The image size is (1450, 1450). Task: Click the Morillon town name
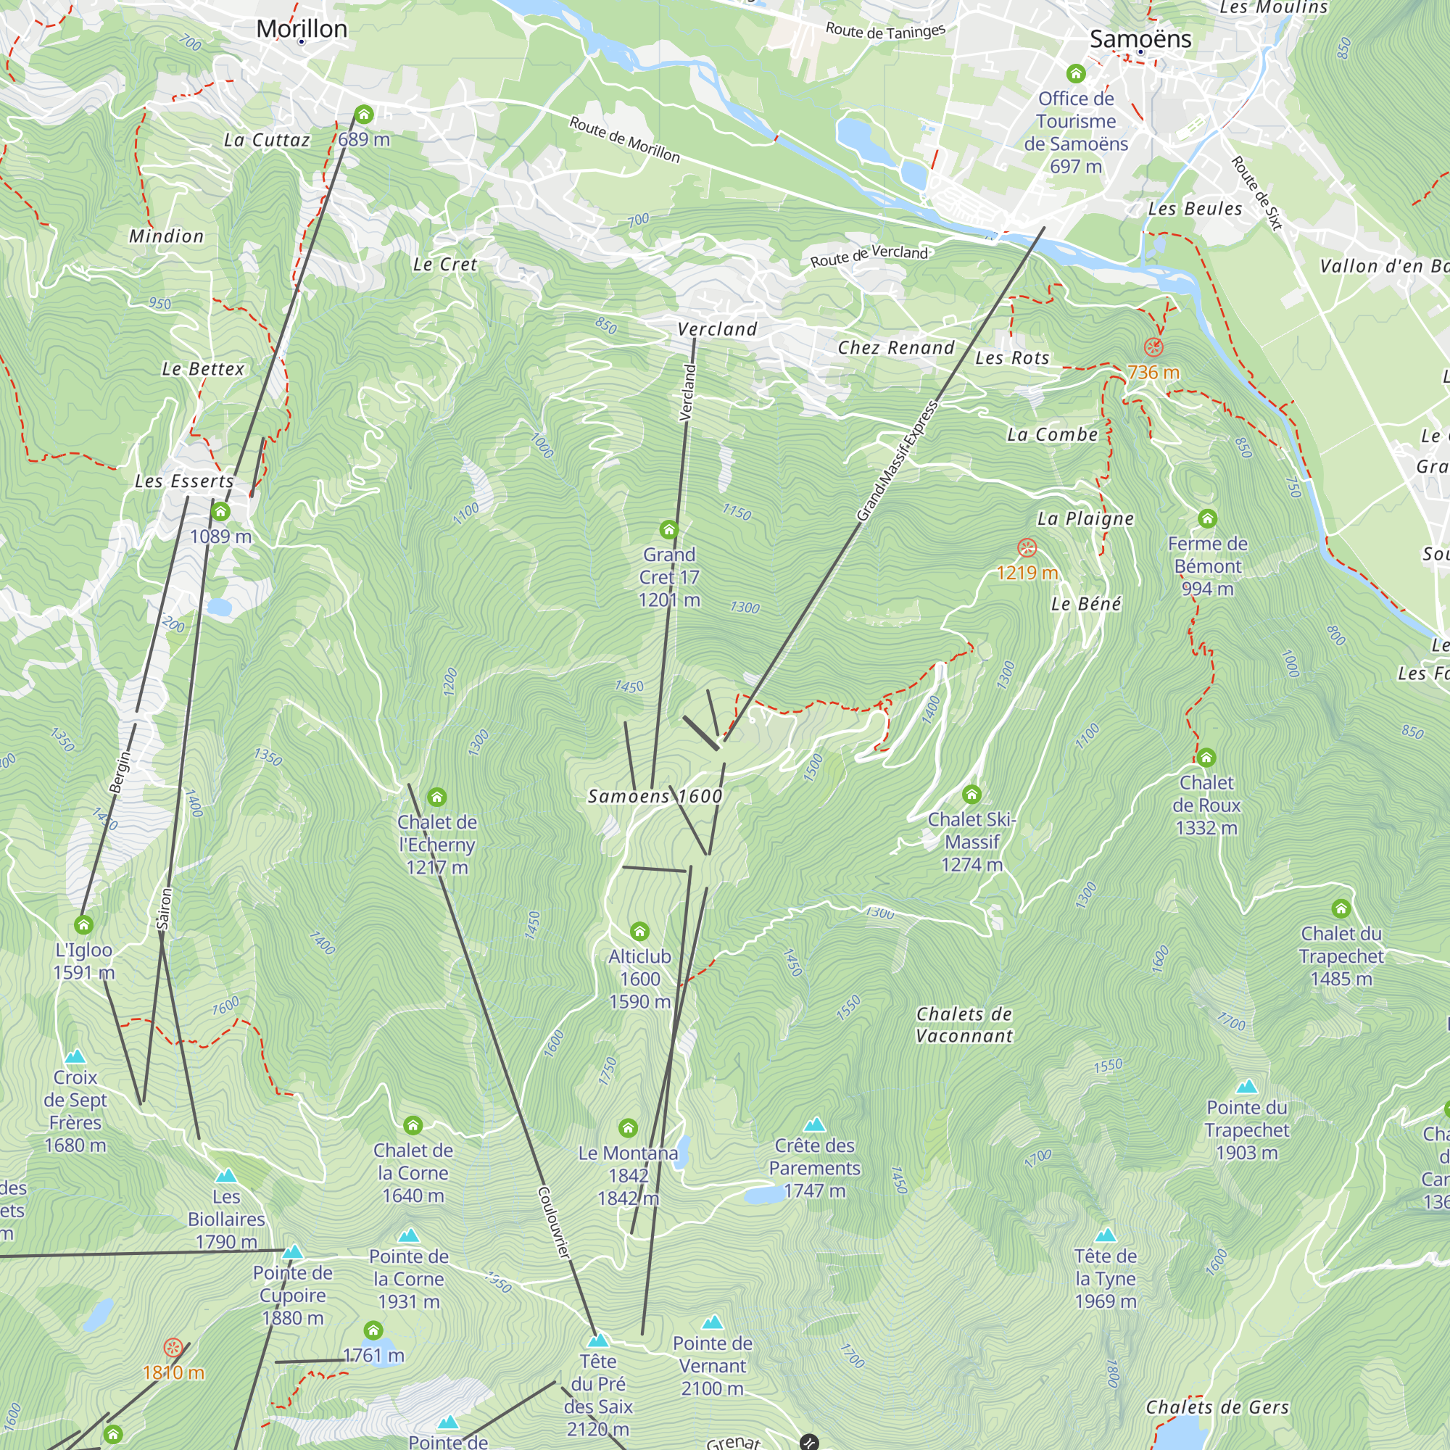(302, 28)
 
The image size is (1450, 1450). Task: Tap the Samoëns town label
(1139, 38)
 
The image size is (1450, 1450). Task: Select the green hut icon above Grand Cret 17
(668, 530)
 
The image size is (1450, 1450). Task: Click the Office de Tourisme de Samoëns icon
(1075, 73)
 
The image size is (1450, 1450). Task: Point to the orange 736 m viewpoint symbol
(1153, 347)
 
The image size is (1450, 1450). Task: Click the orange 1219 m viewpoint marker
(1027, 547)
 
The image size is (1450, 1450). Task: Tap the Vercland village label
(717, 328)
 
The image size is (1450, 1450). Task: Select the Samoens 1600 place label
(655, 796)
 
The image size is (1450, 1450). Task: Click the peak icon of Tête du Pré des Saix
(598, 1340)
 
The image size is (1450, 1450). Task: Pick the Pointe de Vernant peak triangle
(712, 1322)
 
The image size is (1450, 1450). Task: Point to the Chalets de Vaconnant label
(964, 1024)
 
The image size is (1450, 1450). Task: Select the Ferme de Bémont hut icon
(1207, 518)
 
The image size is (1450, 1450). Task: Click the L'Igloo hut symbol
(83, 924)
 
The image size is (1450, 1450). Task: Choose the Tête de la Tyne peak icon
(1105, 1235)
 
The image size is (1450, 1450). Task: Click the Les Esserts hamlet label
(184, 481)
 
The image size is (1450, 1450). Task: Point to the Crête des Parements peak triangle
(814, 1124)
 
